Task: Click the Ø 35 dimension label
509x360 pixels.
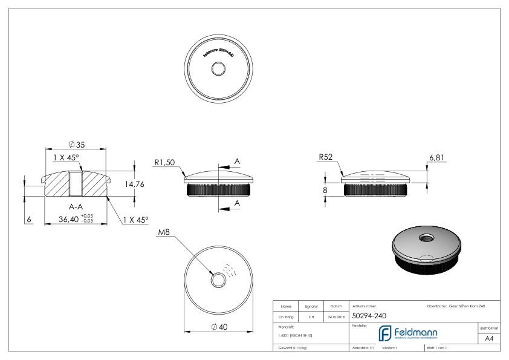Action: tap(76, 145)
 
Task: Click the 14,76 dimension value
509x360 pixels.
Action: tap(134, 185)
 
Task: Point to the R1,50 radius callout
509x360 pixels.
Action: tap(164, 162)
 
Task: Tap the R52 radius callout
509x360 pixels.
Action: tap(326, 157)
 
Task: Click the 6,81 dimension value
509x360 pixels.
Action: tap(437, 157)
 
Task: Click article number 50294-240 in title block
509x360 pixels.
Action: tap(369, 315)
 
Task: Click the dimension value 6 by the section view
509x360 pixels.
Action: tap(29, 219)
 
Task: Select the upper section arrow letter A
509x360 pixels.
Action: tap(237, 161)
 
